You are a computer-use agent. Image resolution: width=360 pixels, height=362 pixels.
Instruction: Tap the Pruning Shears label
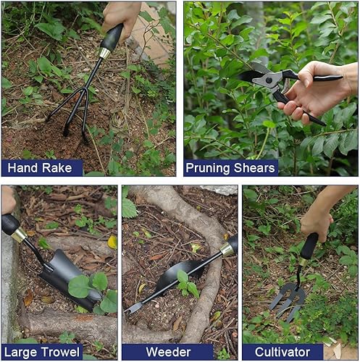[x=230, y=168]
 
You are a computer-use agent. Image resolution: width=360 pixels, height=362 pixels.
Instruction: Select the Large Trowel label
[x=41, y=353]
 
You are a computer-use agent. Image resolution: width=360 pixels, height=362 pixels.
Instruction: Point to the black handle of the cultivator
[x=309, y=246]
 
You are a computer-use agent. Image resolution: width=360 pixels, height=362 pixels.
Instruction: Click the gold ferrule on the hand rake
[x=104, y=54]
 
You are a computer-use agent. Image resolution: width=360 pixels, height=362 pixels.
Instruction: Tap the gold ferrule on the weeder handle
[x=227, y=250]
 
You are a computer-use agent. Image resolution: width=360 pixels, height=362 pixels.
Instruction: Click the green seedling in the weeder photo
[x=187, y=284]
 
